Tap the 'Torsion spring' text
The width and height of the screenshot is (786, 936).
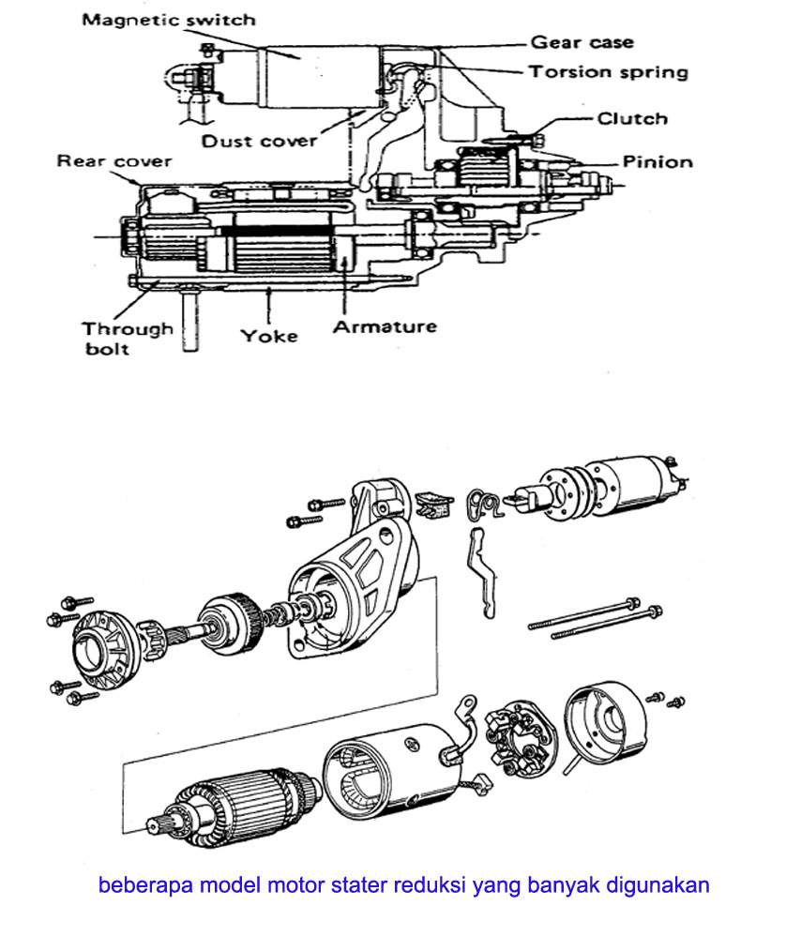tap(608, 72)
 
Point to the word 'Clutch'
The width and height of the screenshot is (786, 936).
tap(632, 118)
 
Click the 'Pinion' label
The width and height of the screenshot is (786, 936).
tap(658, 161)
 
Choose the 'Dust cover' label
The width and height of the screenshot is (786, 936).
tap(260, 142)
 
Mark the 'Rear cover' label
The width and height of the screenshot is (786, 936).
tap(114, 160)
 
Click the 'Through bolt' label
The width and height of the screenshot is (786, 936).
tap(127, 339)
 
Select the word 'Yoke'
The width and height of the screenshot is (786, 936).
tap(269, 335)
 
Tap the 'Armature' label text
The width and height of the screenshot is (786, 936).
tap(385, 326)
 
